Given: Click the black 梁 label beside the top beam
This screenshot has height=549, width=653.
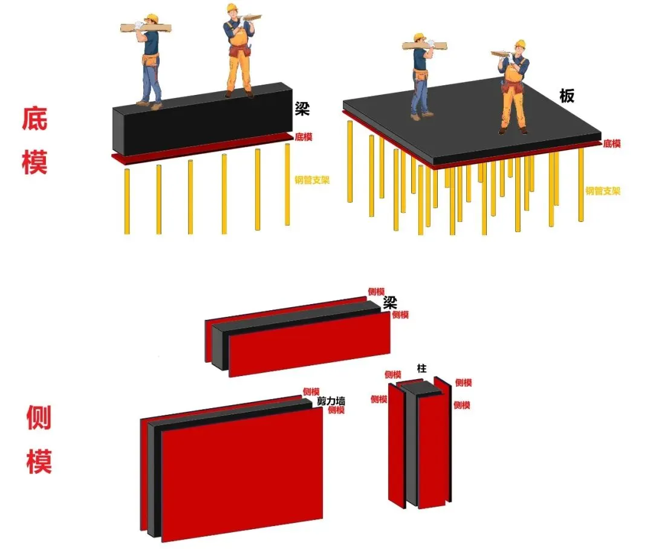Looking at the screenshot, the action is click(x=302, y=109).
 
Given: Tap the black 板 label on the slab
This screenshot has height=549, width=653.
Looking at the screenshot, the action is click(x=567, y=96).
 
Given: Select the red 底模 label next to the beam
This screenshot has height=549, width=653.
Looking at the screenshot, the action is click(x=303, y=137).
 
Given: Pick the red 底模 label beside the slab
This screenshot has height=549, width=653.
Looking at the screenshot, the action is click(x=612, y=144).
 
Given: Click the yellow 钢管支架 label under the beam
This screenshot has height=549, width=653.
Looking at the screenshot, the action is click(x=312, y=180).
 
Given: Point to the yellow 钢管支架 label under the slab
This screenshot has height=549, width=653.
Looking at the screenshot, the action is click(x=603, y=191).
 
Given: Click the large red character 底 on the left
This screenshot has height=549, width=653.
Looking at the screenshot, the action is click(x=34, y=119).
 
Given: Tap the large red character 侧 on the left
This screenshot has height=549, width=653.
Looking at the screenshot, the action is click(x=39, y=417).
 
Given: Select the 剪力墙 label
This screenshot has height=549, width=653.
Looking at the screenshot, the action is click(x=331, y=401).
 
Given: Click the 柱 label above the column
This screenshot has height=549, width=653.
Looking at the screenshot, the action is click(x=422, y=368).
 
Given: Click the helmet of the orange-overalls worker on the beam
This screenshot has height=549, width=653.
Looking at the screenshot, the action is click(x=232, y=7).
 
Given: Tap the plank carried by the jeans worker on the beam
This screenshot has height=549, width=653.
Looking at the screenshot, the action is click(x=146, y=28).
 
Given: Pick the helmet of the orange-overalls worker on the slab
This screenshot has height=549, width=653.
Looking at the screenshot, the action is click(x=520, y=44).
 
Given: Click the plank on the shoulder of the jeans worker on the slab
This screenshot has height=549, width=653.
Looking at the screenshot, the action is click(x=424, y=45).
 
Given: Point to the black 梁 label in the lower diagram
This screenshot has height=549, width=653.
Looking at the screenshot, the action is click(x=390, y=302).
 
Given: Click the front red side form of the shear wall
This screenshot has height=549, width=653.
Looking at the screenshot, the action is click(x=242, y=475).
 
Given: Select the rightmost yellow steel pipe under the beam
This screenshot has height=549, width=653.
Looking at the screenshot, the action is click(x=287, y=184).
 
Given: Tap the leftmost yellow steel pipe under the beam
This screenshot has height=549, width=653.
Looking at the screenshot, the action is click(x=127, y=201).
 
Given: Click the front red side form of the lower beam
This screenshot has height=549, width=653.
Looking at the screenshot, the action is click(x=310, y=344).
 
